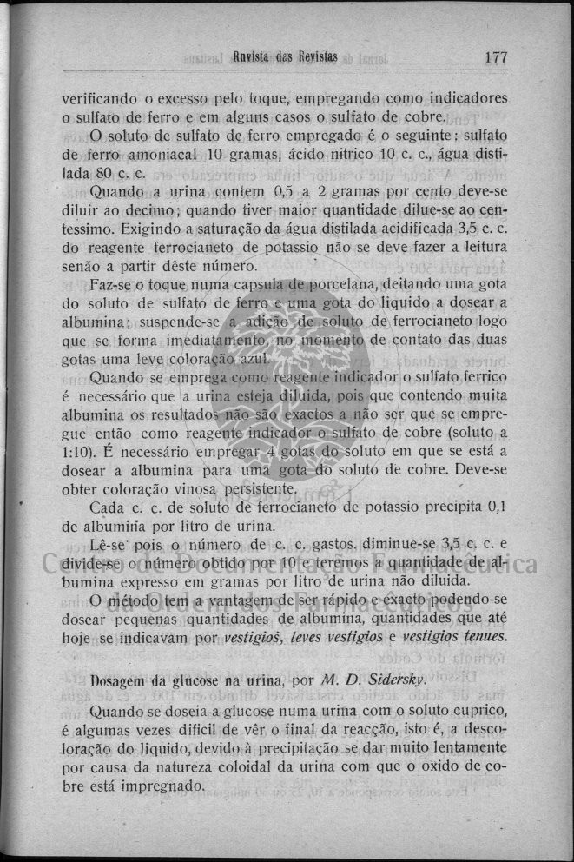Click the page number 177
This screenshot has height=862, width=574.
tap(496, 58)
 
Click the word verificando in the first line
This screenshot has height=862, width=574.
tap(102, 98)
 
